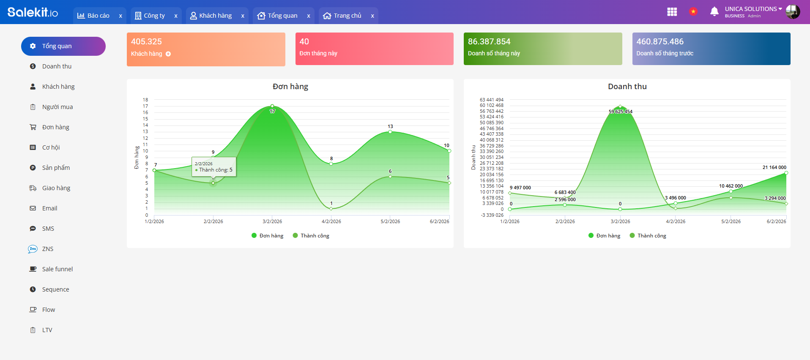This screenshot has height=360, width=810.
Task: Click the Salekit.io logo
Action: pyautogui.click(x=33, y=12)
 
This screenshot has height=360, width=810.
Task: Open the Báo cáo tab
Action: pyautogui.click(x=93, y=16)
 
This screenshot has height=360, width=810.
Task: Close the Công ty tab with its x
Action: pyautogui.click(x=176, y=16)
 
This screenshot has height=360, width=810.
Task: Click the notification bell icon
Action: pyautogui.click(x=714, y=11)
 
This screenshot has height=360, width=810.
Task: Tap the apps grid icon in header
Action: pyautogui.click(x=672, y=12)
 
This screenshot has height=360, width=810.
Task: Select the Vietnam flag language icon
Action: pyautogui.click(x=693, y=11)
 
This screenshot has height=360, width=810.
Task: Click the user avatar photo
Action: pyautogui.click(x=793, y=12)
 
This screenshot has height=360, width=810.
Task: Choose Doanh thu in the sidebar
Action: pyautogui.click(x=57, y=66)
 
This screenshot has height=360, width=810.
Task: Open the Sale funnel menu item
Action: pyautogui.click(x=57, y=269)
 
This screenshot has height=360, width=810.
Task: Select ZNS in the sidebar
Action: pyautogui.click(x=48, y=249)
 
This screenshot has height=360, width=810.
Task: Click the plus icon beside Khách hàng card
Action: pyautogui.click(x=168, y=54)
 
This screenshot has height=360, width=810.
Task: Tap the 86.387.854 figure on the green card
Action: pyautogui.click(x=489, y=41)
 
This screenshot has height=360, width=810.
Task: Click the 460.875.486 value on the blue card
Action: pyautogui.click(x=659, y=41)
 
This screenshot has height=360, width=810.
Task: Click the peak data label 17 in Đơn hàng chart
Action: pyautogui.click(x=272, y=111)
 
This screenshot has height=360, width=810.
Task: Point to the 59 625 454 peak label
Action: pyautogui.click(x=620, y=112)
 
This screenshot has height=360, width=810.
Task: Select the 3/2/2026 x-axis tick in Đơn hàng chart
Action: pyautogui.click(x=272, y=221)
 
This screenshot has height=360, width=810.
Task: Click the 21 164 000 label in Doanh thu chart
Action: pyautogui.click(x=774, y=167)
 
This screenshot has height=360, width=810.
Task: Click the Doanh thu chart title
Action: pyautogui.click(x=627, y=87)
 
